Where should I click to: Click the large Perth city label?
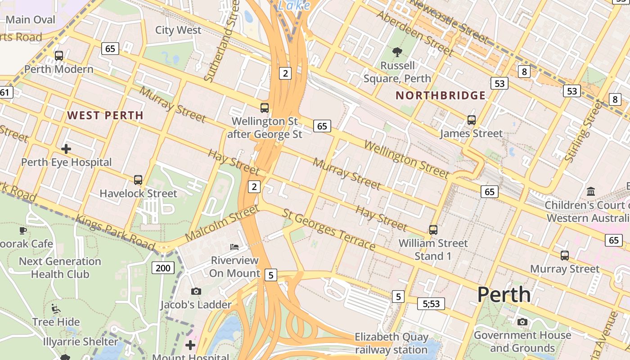(504, 295)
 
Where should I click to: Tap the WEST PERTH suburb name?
(105, 115)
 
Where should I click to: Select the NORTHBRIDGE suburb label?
(441, 95)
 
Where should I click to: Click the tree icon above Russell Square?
(397, 52)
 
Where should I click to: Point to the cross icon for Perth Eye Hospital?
(66, 148)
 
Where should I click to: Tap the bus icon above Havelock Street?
(138, 180)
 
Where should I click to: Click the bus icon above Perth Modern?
(59, 56)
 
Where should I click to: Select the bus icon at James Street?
(471, 120)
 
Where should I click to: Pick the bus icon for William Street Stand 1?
(433, 230)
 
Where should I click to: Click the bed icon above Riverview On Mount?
(234, 247)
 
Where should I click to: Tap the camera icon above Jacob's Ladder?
(196, 291)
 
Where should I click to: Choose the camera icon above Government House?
(522, 322)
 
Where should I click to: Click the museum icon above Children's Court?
(591, 192)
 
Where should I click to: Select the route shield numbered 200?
(163, 268)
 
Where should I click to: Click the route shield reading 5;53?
(431, 304)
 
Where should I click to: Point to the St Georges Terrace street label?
(329, 229)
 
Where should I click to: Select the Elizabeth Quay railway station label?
(391, 343)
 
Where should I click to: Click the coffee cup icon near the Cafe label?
(22, 230)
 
